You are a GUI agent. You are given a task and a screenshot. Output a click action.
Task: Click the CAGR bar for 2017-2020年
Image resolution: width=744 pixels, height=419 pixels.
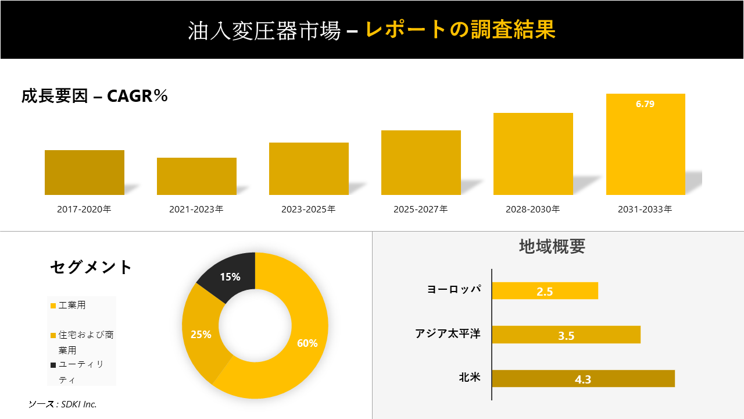pyautogui.click(x=84, y=172)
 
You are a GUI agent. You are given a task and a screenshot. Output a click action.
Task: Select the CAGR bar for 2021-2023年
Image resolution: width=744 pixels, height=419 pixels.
pyautogui.click(x=196, y=176)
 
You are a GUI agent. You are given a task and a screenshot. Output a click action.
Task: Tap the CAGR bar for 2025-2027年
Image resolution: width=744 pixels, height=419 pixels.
pyautogui.click(x=421, y=162)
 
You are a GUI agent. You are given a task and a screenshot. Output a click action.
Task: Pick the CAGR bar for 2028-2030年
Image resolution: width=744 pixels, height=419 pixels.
pyautogui.click(x=533, y=154)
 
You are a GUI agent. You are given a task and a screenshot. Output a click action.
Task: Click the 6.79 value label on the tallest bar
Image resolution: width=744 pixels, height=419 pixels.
pyautogui.click(x=645, y=104)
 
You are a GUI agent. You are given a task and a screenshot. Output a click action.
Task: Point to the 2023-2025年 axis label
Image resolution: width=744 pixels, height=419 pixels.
pyautogui.click(x=309, y=209)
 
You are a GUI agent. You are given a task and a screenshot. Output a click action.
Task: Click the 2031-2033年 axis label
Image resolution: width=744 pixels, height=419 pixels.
pyautogui.click(x=645, y=209)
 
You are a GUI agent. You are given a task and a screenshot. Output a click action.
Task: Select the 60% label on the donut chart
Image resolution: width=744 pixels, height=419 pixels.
pyautogui.click(x=307, y=343)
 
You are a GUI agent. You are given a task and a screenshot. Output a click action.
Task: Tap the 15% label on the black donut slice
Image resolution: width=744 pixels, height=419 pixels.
pyautogui.click(x=230, y=277)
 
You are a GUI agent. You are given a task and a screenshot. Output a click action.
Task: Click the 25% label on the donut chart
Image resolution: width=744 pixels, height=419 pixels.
pyautogui.click(x=201, y=335)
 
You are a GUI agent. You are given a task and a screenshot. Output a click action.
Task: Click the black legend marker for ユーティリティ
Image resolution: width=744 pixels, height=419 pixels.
pyautogui.click(x=53, y=365)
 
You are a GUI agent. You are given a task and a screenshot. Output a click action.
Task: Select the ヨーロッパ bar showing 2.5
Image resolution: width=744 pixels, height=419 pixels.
pyautogui.click(x=545, y=291)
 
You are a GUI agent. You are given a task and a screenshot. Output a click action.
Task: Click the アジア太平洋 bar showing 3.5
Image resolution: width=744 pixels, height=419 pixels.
pyautogui.click(x=566, y=335)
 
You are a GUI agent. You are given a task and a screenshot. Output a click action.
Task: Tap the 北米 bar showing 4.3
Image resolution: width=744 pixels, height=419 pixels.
pyautogui.click(x=583, y=379)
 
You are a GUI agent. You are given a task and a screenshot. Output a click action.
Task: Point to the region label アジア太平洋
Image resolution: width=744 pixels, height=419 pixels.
pyautogui.click(x=448, y=334)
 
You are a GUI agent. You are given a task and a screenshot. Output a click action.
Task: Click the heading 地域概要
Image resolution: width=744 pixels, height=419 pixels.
pyautogui.click(x=552, y=247)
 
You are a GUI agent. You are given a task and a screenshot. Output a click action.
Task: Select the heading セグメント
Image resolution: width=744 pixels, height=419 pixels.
pyautogui.click(x=91, y=267)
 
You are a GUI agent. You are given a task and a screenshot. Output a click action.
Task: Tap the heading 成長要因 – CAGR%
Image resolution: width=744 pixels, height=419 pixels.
pyautogui.click(x=95, y=96)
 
